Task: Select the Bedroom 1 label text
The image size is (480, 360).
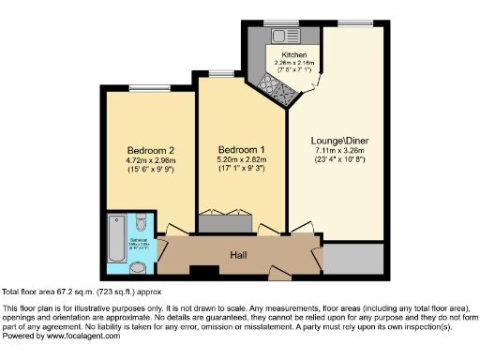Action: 242,150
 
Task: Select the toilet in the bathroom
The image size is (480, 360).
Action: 140,223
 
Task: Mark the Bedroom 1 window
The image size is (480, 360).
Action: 221,73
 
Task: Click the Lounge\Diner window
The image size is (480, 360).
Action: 352,22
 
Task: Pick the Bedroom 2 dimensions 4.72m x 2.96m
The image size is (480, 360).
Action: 151,160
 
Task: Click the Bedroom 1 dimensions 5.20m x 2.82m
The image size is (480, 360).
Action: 242,159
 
